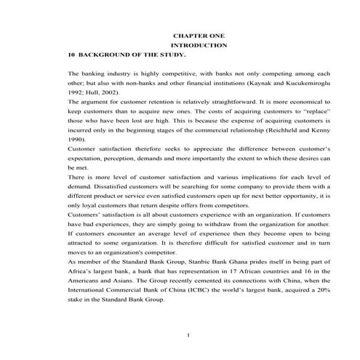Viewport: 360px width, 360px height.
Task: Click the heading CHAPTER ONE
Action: (199, 35)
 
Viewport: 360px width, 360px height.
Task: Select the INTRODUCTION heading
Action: (199, 45)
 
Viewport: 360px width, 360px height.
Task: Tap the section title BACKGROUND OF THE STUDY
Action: (132, 55)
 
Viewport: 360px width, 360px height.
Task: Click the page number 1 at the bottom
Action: (188, 335)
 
